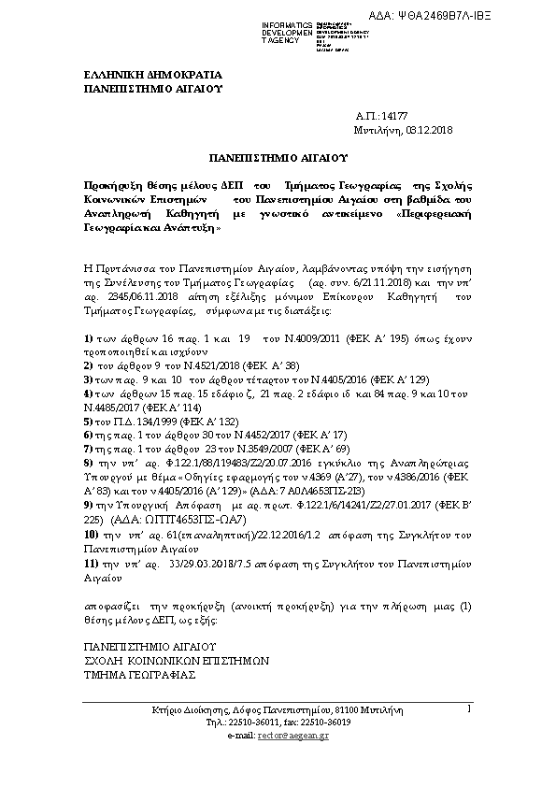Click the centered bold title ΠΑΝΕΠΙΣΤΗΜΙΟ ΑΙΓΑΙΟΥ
(x=277, y=161)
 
